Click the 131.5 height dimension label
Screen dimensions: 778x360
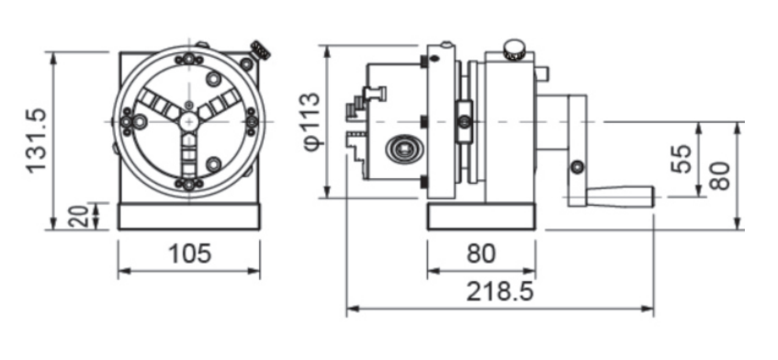[37, 141]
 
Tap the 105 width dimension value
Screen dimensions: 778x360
[190, 253]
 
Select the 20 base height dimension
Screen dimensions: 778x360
[78, 216]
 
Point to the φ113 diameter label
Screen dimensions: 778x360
[311, 121]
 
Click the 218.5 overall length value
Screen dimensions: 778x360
[500, 292]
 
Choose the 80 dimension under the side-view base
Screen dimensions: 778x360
[480, 253]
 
